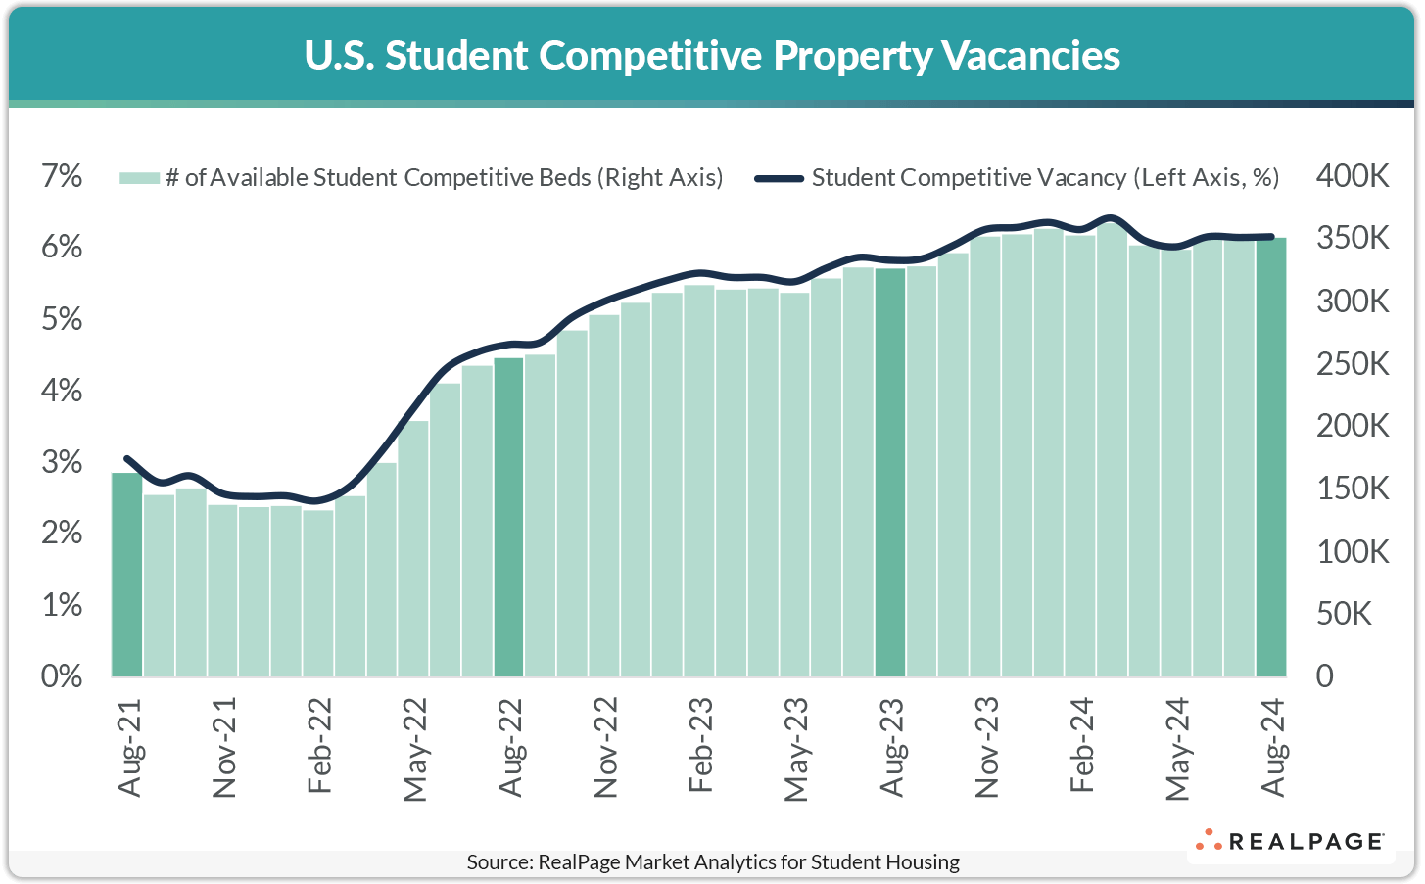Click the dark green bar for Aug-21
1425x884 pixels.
pos(126,575)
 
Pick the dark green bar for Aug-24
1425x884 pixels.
pos(1271,457)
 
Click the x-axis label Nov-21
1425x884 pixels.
pos(224,748)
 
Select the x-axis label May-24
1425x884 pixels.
pos(1177,749)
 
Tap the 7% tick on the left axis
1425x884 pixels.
pos(61,176)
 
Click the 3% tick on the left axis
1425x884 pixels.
pos(61,462)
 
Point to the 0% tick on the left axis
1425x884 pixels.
pos(61,676)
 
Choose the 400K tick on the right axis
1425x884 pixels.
pos(1353,176)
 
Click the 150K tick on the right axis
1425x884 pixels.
pos(1353,489)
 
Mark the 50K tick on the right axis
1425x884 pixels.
pos(1345,614)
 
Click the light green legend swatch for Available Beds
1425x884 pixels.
pos(139,178)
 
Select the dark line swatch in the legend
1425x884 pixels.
pos(780,178)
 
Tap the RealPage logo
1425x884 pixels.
pos(1290,841)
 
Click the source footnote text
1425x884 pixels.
pos(712,862)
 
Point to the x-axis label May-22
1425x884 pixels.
pos(415,749)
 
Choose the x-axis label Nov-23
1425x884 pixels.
pos(986,748)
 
